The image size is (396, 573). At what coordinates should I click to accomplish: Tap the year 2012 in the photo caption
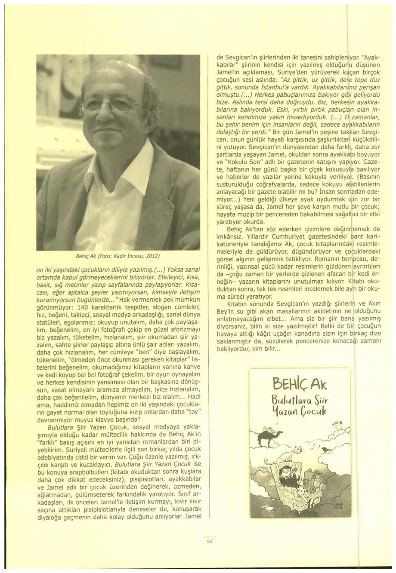(x=152, y=256)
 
